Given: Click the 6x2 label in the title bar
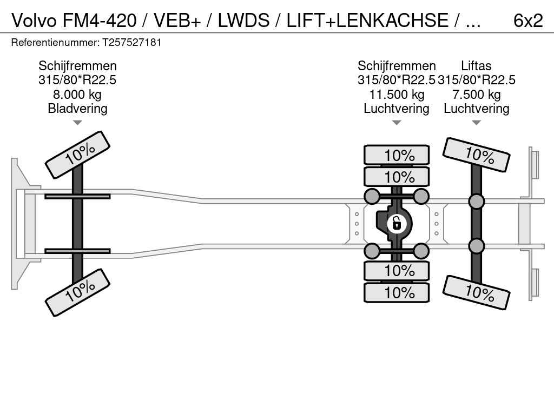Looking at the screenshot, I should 527,21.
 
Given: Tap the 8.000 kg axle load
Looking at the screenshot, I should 77,95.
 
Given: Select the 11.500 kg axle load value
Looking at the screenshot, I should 397,95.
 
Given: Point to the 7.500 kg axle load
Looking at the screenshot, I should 476,95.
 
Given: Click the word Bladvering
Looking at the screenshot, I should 77,109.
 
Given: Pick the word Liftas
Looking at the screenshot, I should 476,66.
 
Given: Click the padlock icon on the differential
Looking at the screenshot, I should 397,223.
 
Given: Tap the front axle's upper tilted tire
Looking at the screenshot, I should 77,155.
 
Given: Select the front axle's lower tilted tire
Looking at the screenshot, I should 77,293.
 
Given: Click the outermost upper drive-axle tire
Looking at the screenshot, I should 397,155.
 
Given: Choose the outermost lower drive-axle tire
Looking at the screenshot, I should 397,292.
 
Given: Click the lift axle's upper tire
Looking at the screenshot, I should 476,155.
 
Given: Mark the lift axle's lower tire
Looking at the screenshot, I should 476,292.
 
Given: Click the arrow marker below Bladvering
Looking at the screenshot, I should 77,123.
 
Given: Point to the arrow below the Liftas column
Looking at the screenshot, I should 476,123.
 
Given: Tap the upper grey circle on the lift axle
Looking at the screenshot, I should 476,202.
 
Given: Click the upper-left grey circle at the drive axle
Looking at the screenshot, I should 372,196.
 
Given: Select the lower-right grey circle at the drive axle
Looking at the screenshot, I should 421,251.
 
